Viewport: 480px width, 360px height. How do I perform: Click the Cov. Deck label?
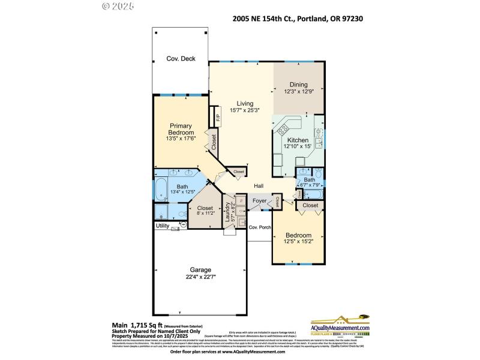point(181,59)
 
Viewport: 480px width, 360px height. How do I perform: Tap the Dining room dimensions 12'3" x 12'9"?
point(299,92)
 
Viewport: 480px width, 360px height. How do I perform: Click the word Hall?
point(259,186)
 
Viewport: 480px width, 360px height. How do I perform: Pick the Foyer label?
point(259,201)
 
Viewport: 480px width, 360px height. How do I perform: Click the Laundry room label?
point(228,214)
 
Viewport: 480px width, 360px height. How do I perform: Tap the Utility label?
point(163,226)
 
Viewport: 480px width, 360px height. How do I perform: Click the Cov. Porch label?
point(260,227)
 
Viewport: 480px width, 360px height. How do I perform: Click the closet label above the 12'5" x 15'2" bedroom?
point(310,205)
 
